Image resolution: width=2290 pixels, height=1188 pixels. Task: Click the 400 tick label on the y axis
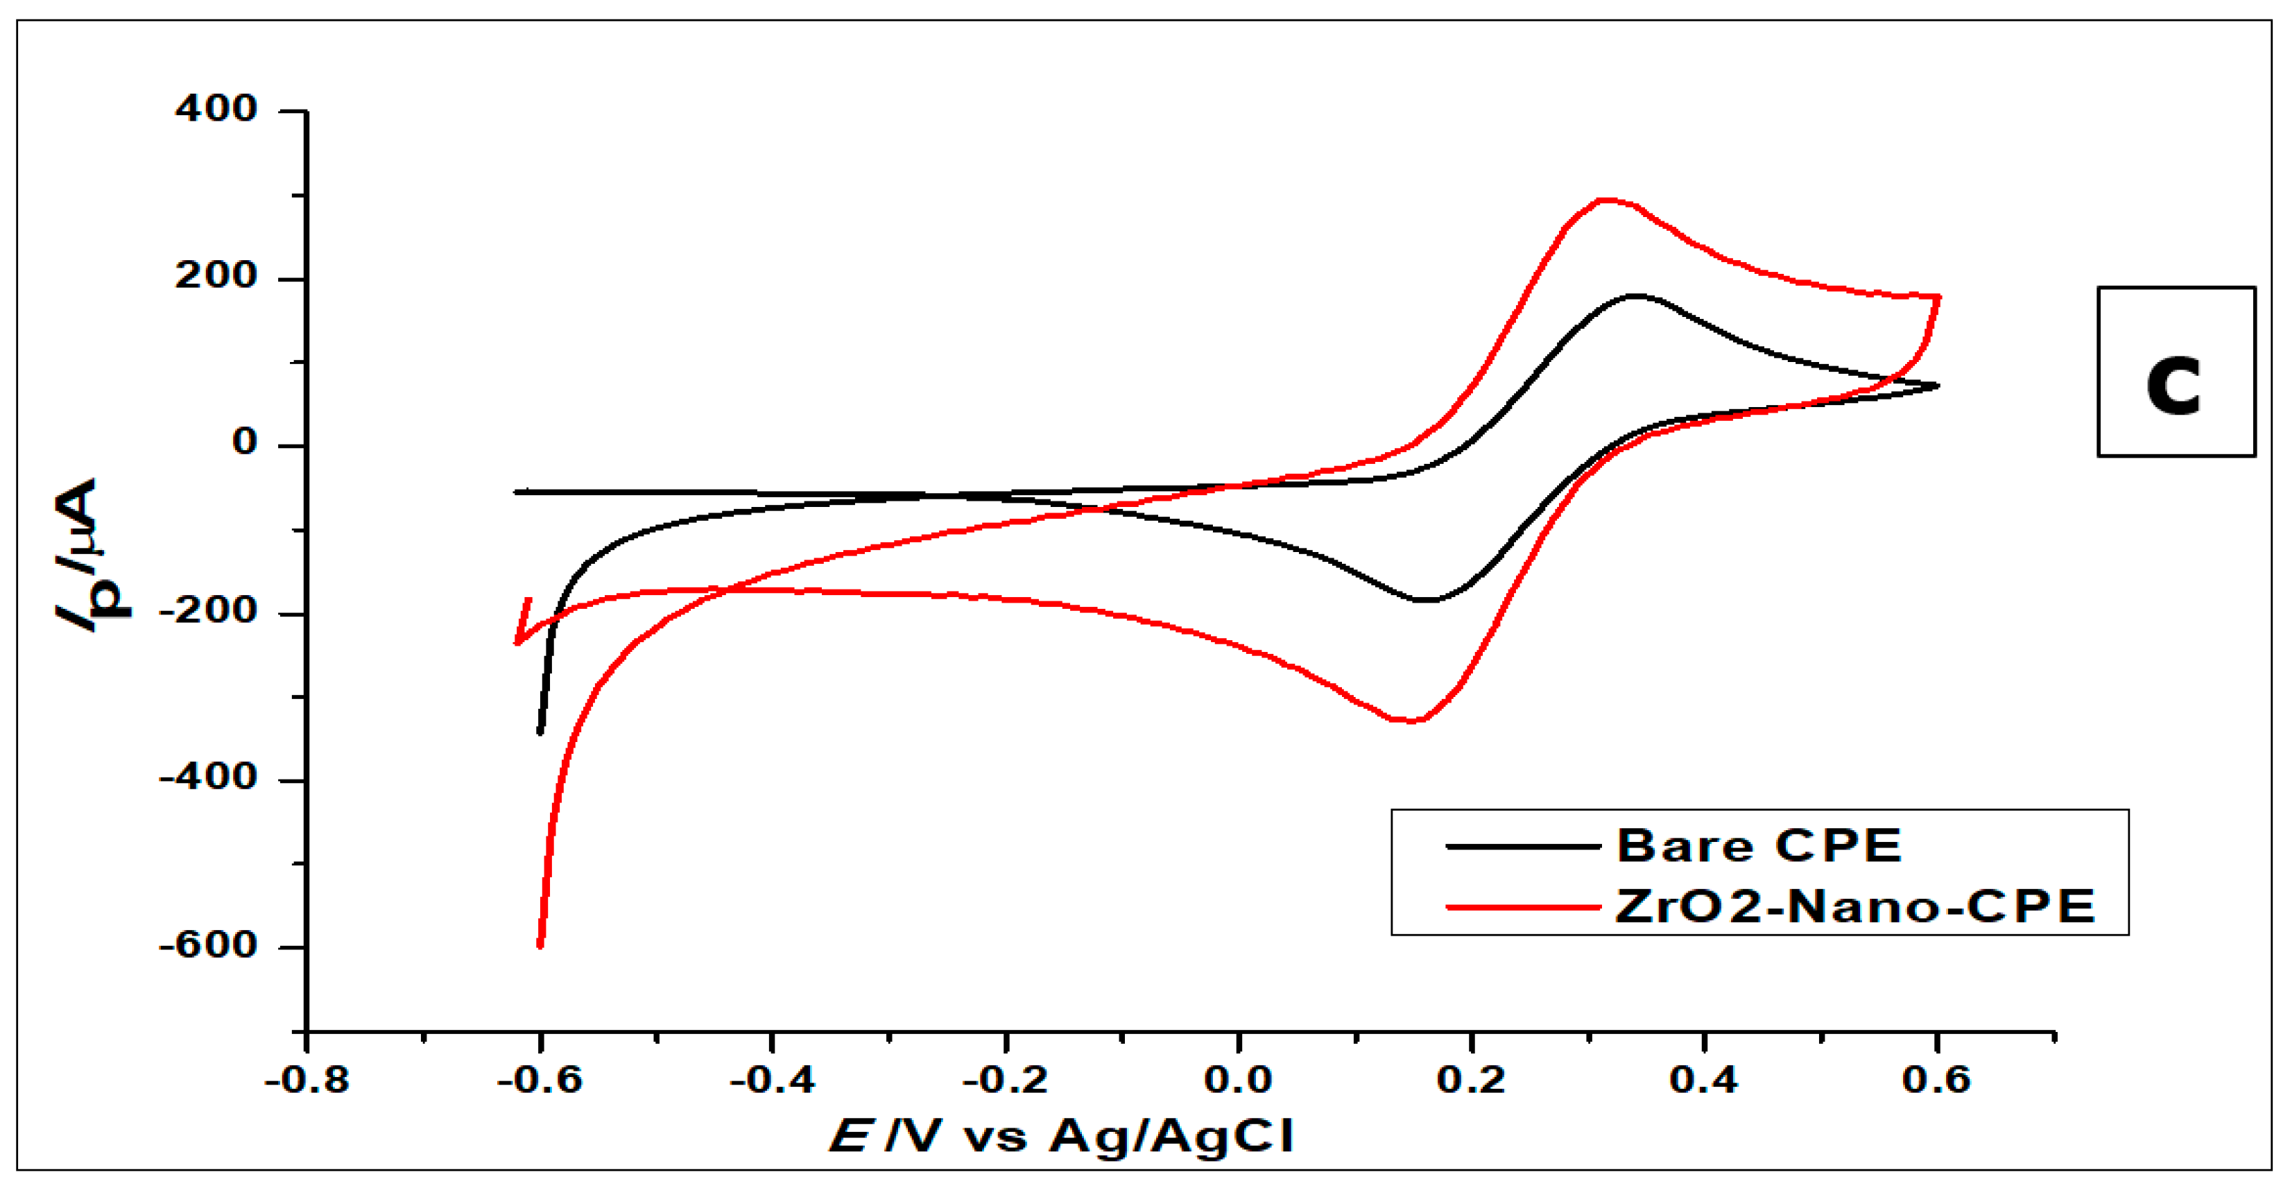point(216,110)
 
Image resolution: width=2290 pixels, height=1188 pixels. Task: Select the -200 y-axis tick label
point(208,611)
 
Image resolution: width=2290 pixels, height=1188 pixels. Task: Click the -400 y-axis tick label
point(208,778)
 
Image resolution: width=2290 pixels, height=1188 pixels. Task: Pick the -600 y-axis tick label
point(208,945)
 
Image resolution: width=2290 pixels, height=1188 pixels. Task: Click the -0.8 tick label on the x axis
point(307,1081)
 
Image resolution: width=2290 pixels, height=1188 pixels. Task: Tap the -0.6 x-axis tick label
point(540,1081)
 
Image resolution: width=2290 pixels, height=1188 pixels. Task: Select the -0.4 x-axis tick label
point(773,1081)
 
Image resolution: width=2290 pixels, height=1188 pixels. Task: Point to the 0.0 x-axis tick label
point(1239,1081)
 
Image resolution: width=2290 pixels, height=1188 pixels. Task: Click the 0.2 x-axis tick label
point(1471,1081)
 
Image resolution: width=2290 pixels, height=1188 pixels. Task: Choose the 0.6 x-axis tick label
point(1937,1081)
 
